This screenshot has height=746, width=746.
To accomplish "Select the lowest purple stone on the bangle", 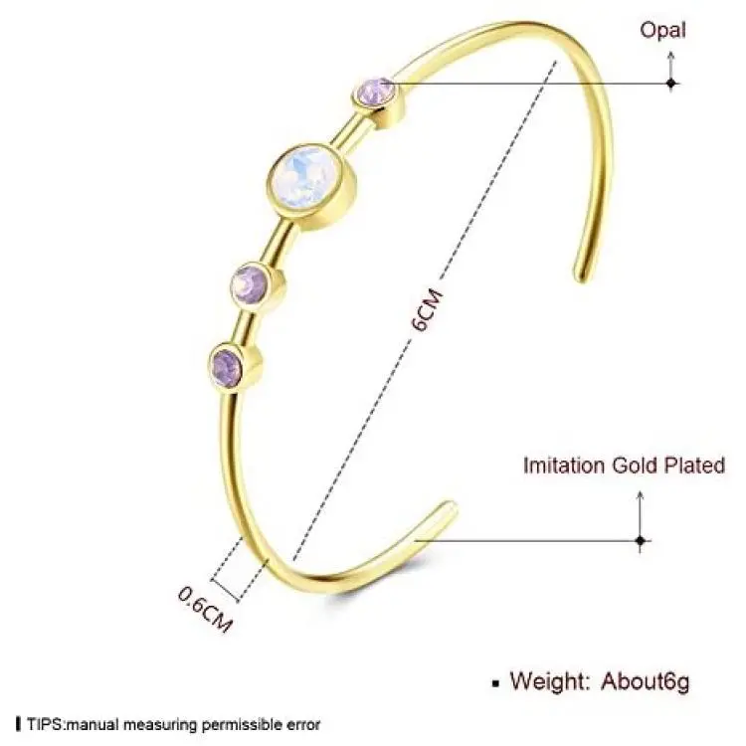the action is coord(227,364).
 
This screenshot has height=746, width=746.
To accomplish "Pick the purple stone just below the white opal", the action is coord(250,282).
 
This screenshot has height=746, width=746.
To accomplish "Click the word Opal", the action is coord(662,31).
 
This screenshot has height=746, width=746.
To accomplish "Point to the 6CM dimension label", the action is coord(427,309).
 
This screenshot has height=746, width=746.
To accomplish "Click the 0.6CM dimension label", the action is coord(205,609).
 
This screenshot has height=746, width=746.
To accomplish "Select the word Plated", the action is coord(694,465).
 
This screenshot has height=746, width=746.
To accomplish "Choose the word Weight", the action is coord(550,680).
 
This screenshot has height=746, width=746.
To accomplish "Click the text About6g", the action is coord(645,681).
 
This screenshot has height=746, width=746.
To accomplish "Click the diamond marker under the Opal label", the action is coord(671,84).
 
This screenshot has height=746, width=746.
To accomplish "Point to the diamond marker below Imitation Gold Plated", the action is coord(641,541).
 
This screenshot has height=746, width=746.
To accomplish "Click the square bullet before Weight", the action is coord(495,683).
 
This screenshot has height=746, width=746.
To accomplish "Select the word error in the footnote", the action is coord(303,725).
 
